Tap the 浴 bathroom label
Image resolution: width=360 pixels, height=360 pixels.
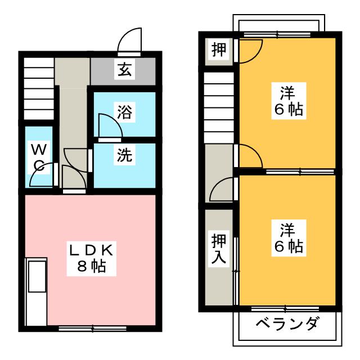(124, 112)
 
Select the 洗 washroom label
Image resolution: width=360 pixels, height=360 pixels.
(124, 156)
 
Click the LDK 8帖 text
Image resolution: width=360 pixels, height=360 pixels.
(91, 258)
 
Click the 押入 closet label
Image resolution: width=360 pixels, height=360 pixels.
(219, 250)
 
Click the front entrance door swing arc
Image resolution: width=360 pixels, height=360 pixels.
(129, 40)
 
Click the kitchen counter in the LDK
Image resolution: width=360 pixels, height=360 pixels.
(37, 291)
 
